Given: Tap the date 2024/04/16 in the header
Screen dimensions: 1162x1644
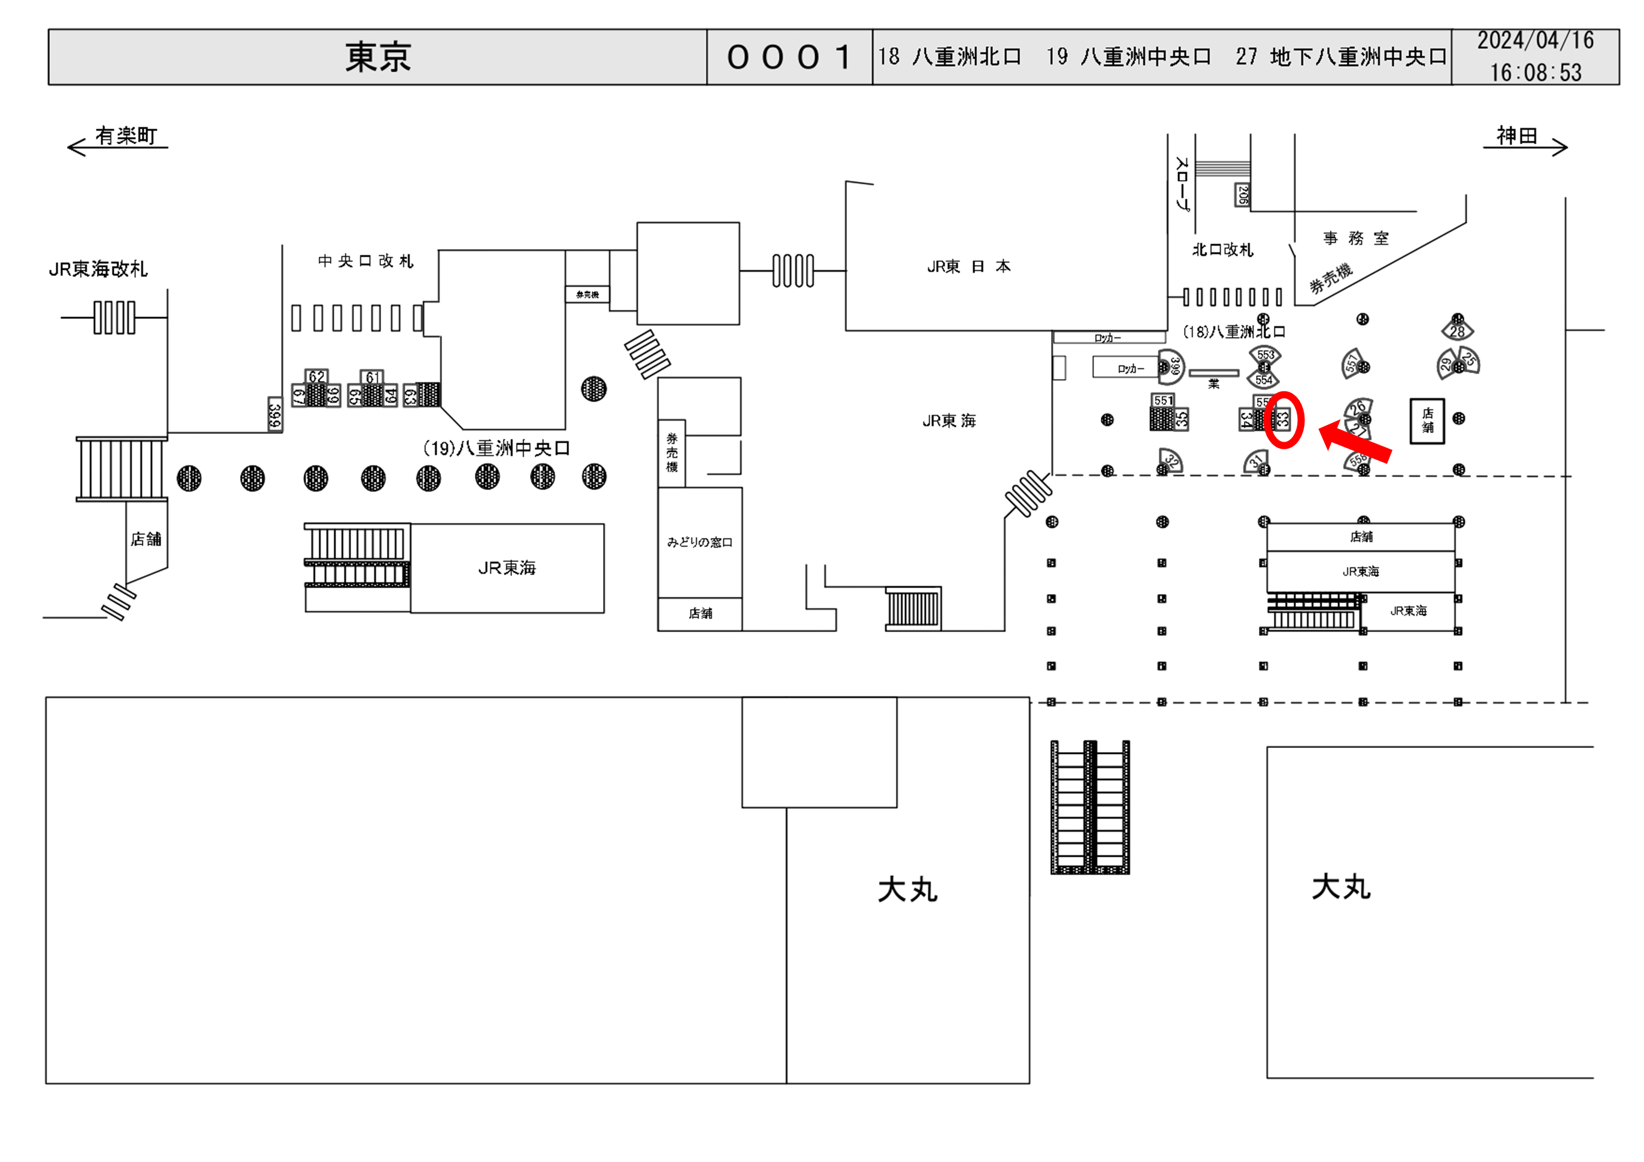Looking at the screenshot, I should click(x=1535, y=41).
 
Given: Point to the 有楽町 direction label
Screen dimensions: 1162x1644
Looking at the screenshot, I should click(x=126, y=135).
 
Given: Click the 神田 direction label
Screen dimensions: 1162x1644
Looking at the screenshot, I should click(x=1516, y=135).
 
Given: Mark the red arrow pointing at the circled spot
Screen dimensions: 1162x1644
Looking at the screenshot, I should click(x=1355, y=443).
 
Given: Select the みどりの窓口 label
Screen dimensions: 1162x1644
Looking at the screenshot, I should click(x=700, y=542).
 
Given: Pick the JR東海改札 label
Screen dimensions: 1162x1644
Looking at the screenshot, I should click(x=98, y=269).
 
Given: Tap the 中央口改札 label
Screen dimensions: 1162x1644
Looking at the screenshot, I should click(x=365, y=261).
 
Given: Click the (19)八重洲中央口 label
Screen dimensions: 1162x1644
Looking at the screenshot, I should click(x=496, y=449).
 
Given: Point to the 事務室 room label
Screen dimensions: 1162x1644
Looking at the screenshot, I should click(x=1355, y=238).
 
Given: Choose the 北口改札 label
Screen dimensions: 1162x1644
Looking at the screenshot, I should click(x=1222, y=250).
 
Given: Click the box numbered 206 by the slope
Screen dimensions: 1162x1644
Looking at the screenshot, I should click(x=1242, y=194).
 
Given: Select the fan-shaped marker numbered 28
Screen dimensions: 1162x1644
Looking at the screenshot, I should click(x=1457, y=330).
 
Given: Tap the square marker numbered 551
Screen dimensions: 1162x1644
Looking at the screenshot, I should click(x=1164, y=401).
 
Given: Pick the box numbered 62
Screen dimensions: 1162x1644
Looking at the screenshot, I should click(x=316, y=377).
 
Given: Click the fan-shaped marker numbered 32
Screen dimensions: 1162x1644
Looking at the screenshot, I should click(x=1171, y=460).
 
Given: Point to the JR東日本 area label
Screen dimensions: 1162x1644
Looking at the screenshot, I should click(x=968, y=267).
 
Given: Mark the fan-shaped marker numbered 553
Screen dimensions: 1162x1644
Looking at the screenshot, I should click(x=1265, y=355).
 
